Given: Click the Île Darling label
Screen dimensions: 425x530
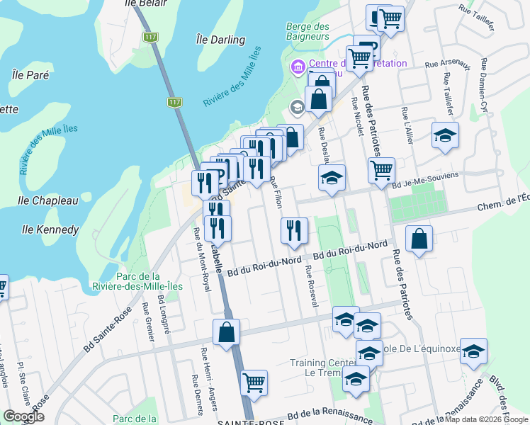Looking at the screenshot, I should pyautogui.click(x=220, y=40).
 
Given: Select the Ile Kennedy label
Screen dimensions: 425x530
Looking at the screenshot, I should pyautogui.click(x=50, y=229).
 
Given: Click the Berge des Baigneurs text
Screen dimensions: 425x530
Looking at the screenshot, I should pyautogui.click(x=308, y=31).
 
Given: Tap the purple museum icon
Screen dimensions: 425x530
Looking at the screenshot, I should pyautogui.click(x=297, y=68).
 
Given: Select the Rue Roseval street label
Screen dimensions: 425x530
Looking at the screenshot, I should pyautogui.click(x=309, y=286).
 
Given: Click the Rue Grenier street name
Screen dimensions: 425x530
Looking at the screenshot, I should pyautogui.click(x=149, y=322).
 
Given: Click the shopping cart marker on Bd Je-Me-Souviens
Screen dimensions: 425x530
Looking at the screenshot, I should pyautogui.click(x=381, y=170).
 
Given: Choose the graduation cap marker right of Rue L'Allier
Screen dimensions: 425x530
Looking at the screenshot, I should pyautogui.click(x=445, y=135).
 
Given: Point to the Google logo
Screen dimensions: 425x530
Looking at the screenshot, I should pyautogui.click(x=23, y=416).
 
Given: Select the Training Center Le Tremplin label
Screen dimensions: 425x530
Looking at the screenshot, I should pyautogui.click(x=317, y=368).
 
